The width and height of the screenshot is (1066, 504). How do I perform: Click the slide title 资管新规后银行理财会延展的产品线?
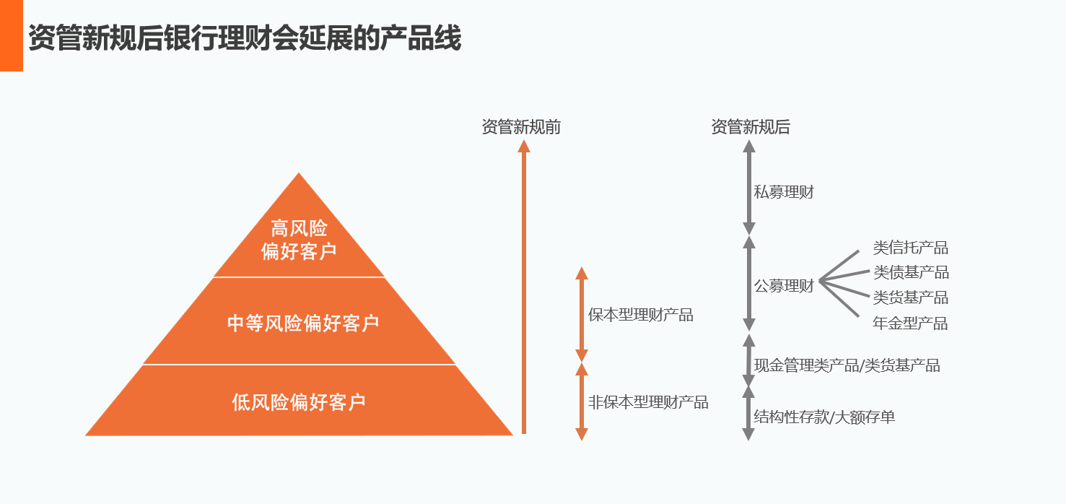point(245,38)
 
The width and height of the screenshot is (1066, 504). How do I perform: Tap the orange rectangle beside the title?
point(12,35)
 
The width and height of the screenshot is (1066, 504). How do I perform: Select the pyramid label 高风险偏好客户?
point(299,240)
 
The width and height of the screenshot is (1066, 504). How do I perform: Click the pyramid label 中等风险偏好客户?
point(303,323)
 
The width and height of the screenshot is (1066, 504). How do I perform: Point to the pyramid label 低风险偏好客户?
point(299,402)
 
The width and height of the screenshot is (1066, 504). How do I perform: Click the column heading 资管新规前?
point(521,127)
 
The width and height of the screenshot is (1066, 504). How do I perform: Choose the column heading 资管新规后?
point(751,127)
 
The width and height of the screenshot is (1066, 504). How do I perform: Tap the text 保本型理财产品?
point(641,315)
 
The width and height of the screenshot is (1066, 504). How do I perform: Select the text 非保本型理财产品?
point(648,402)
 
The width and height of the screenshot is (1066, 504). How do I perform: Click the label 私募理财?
point(784,192)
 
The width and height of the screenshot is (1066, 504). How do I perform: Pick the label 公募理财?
point(784,285)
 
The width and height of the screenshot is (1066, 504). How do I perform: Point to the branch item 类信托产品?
point(910,248)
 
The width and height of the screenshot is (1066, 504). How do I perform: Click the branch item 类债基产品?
point(911,272)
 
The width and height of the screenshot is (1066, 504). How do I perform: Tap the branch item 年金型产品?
point(910,323)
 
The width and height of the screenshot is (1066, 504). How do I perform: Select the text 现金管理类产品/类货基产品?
point(847,365)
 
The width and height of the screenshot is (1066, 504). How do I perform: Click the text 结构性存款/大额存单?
point(824,417)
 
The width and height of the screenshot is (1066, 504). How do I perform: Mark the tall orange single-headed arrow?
point(524,287)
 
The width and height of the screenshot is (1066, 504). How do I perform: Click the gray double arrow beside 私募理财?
point(749,188)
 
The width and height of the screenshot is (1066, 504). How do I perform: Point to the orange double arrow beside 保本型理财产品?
point(582,314)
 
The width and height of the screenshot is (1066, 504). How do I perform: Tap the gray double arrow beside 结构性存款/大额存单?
point(748,412)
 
